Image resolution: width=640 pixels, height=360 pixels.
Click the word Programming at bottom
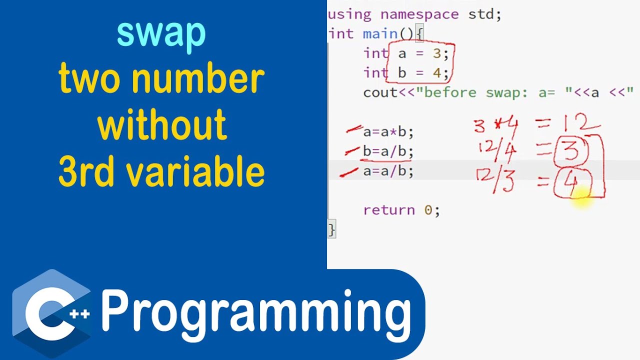click(256, 311)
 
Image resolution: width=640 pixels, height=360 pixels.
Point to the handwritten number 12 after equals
click(579, 122)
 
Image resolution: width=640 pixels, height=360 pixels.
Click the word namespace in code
click(419, 14)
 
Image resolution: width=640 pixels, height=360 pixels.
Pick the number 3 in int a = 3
click(436, 53)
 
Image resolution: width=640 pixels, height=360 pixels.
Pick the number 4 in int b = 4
click(436, 73)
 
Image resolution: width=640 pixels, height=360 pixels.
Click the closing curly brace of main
click(331, 229)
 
